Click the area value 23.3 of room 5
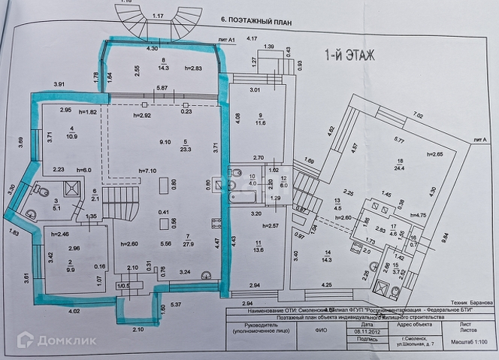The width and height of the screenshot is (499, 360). click(185, 149)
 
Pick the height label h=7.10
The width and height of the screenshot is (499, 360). click(148, 171)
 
